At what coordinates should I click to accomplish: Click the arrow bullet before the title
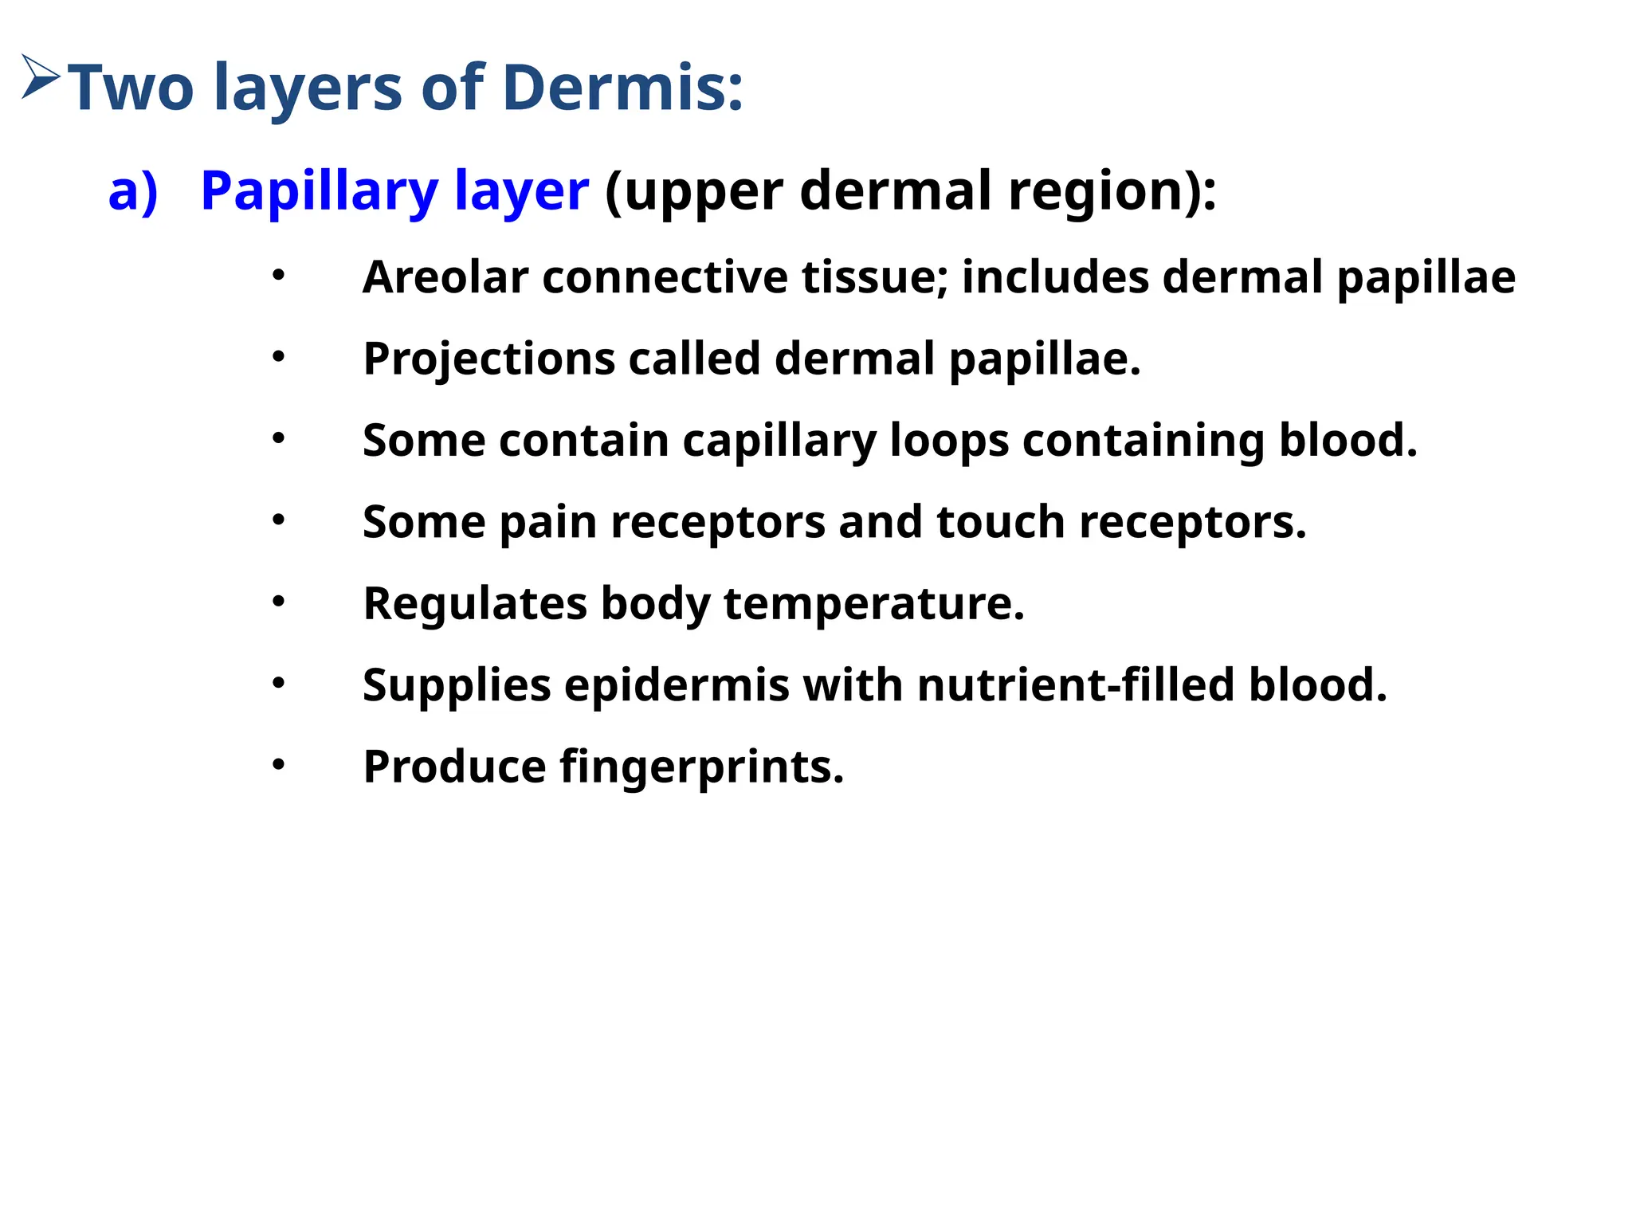coord(41,77)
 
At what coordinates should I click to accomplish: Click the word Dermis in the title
coord(622,88)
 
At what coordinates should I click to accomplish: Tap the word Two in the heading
coord(131,88)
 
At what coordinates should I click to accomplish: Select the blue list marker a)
coord(133,191)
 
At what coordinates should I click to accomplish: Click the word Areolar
coord(445,277)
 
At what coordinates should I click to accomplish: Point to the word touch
coord(1000,523)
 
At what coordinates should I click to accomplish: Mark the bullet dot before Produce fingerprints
coord(278,765)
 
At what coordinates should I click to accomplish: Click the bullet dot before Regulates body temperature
coord(278,602)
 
